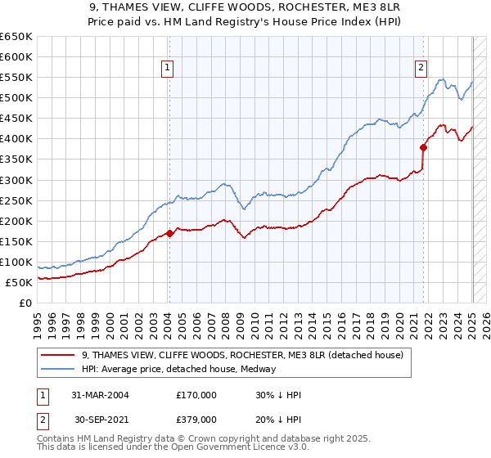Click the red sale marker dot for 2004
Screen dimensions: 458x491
click(x=169, y=233)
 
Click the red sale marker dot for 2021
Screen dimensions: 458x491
click(x=424, y=148)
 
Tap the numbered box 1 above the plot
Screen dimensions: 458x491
click(x=167, y=69)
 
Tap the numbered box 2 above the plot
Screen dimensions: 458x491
click(x=421, y=69)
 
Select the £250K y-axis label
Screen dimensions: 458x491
click(x=16, y=200)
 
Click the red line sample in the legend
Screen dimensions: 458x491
click(x=58, y=356)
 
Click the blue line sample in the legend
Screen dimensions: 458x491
click(x=58, y=369)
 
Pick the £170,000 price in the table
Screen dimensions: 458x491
click(x=196, y=395)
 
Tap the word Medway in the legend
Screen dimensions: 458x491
click(x=259, y=369)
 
